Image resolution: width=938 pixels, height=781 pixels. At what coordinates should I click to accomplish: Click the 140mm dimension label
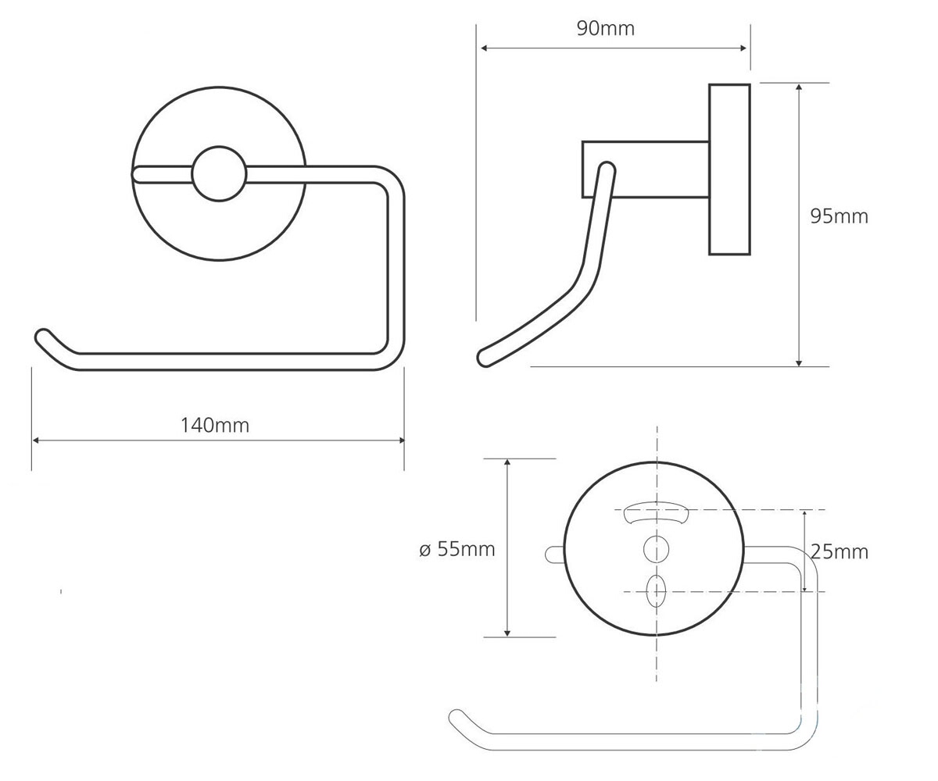(215, 426)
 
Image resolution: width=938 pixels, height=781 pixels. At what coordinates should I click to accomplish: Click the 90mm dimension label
(606, 29)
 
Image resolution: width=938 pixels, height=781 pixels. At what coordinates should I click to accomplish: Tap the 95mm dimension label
(840, 217)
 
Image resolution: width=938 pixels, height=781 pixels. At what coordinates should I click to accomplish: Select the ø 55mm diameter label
(456, 549)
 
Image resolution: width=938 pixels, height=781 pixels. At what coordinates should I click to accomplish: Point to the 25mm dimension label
(840, 552)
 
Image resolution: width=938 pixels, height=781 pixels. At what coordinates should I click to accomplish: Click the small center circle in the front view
(219, 173)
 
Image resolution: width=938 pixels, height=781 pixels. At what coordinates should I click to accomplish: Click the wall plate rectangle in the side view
(729, 169)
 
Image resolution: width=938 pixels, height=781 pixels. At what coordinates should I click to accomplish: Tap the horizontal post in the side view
(646, 169)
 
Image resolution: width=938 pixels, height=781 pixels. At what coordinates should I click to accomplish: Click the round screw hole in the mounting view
(656, 549)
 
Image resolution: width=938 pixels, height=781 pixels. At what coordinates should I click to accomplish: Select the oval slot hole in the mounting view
(656, 591)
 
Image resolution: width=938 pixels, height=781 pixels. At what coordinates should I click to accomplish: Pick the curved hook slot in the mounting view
(657, 512)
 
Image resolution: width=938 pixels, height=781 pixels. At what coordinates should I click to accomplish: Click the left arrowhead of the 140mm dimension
(36, 440)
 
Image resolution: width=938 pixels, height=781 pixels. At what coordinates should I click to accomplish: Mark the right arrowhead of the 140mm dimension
(401, 440)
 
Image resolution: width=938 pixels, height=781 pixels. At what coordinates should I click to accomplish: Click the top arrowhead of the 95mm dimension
(799, 87)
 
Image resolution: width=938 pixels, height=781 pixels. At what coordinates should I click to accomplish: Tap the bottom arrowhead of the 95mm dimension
(799, 362)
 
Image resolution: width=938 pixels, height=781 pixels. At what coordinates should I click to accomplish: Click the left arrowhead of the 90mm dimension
(485, 48)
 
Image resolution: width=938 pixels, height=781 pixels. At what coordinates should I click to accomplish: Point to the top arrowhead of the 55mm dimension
(507, 463)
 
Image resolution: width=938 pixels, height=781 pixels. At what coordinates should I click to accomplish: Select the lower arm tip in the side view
(485, 358)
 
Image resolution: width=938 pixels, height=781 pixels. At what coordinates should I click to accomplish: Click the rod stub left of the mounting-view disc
(554, 555)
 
